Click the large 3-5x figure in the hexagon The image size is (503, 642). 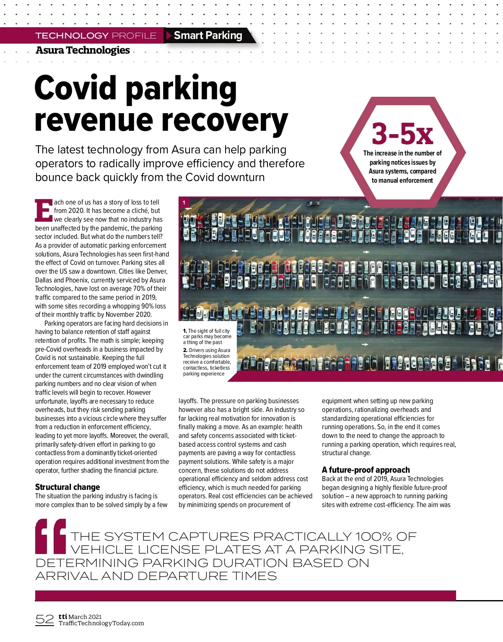tap(402, 134)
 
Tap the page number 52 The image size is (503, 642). tap(45, 619)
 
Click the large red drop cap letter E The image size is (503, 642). tap(44, 211)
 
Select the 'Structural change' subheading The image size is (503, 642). tap(67, 487)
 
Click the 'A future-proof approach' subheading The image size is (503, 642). tap(366, 470)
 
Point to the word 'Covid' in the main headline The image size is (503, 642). tap(75, 88)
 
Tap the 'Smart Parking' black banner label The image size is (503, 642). tap(208, 36)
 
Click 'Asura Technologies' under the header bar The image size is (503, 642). tap(83, 50)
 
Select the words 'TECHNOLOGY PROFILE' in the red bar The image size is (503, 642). tap(96, 36)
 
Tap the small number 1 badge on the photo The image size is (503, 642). tap(184, 203)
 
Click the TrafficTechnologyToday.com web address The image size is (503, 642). tap(101, 623)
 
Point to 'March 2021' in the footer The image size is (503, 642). tap(85, 616)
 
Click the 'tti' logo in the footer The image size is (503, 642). tap(63, 616)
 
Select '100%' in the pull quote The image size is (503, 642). tap(373, 536)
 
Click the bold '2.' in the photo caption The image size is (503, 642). tap(185, 350)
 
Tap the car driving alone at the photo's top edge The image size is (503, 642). tap(313, 204)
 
